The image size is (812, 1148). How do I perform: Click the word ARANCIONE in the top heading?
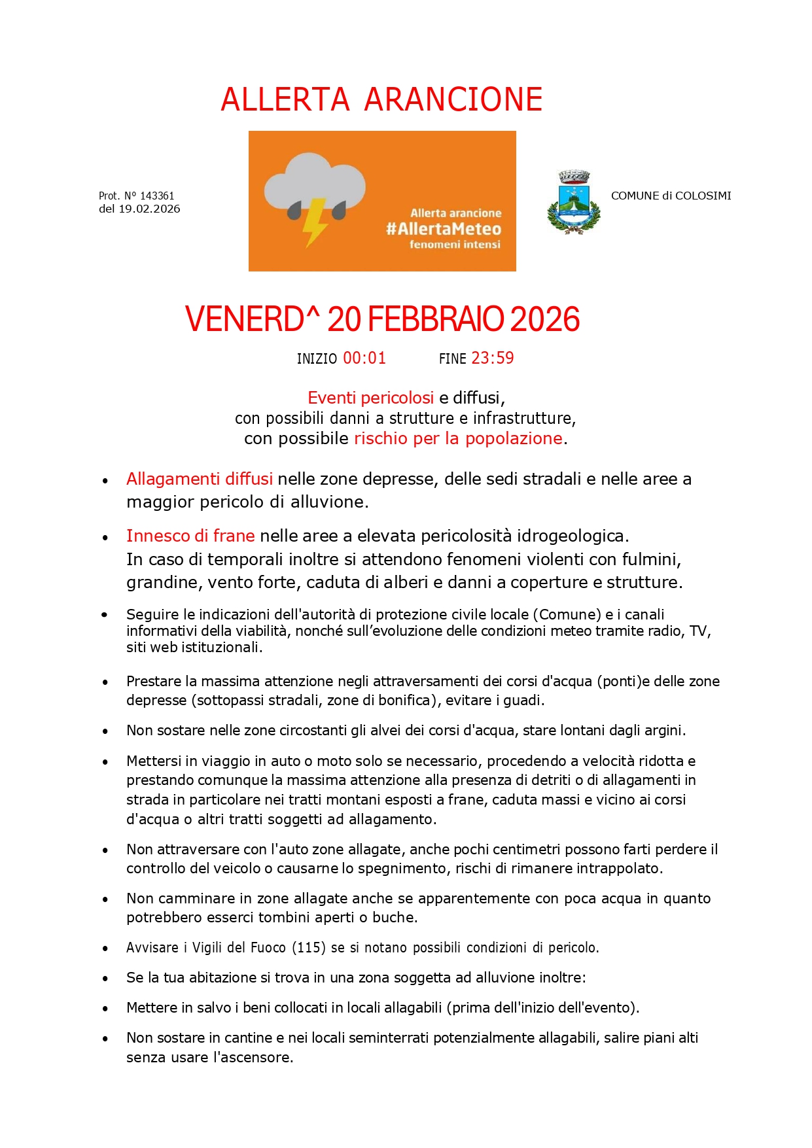point(453,99)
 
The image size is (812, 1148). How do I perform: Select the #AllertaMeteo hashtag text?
point(443,229)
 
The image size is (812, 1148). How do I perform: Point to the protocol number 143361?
point(157,196)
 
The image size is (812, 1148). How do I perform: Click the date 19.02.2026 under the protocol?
point(149,209)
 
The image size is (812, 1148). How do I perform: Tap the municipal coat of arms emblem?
point(573,203)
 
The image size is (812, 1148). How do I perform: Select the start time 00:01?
point(364,358)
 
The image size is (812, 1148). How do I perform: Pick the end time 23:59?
point(492,358)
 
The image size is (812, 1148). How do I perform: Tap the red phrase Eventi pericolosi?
point(370,398)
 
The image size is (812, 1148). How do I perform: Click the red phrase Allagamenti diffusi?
point(200,479)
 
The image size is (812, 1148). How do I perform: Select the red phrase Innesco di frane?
point(190,536)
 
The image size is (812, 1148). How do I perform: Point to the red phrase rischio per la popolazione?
point(458,438)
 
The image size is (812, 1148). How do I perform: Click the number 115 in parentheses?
point(308,947)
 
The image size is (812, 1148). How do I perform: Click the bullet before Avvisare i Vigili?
point(105,948)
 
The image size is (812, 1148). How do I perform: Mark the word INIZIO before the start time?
point(317,359)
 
